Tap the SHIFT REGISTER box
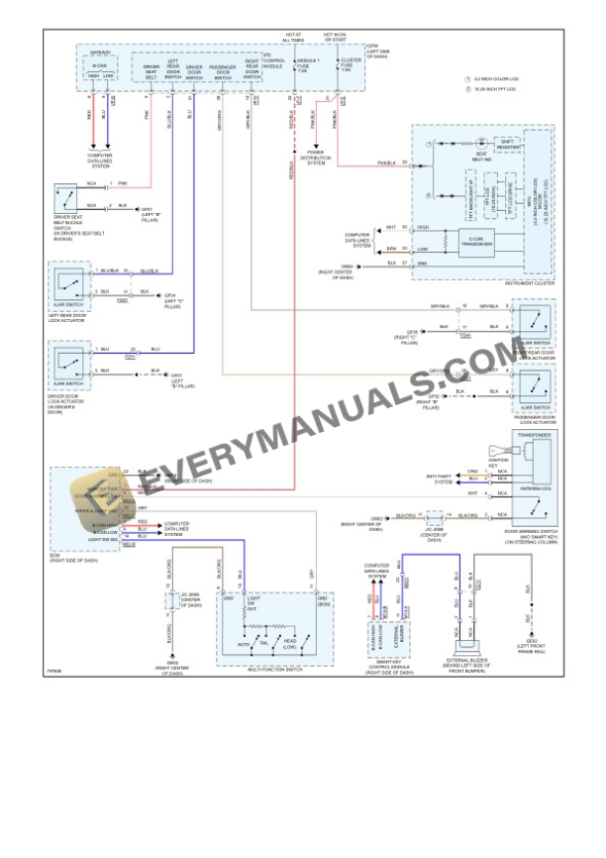click(x=507, y=144)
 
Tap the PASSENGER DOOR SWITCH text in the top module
click(x=223, y=70)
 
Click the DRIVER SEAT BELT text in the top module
click(x=151, y=70)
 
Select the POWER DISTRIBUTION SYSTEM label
click(x=315, y=158)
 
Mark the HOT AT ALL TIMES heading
click(x=294, y=37)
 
